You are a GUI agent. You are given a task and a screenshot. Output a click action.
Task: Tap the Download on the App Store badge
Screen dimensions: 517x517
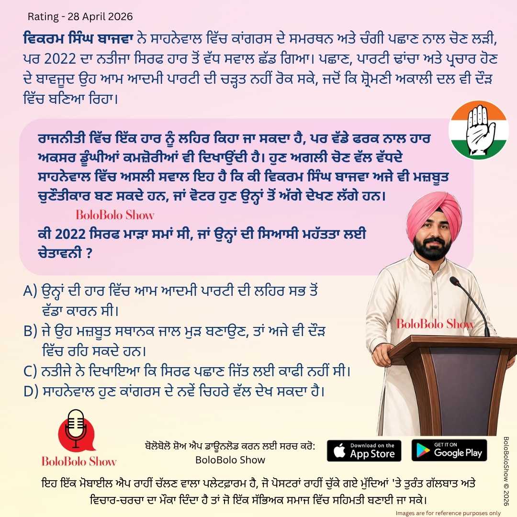click(x=364, y=450)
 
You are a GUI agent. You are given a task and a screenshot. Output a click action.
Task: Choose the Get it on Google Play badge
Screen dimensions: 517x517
click(x=449, y=450)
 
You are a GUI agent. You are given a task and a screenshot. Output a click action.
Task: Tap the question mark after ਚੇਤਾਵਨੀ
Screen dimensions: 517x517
click(x=89, y=253)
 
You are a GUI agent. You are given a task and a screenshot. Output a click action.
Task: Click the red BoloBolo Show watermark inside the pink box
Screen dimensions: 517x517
click(x=115, y=215)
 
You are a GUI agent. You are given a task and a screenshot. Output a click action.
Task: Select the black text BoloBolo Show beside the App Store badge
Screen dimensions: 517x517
click(x=230, y=460)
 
